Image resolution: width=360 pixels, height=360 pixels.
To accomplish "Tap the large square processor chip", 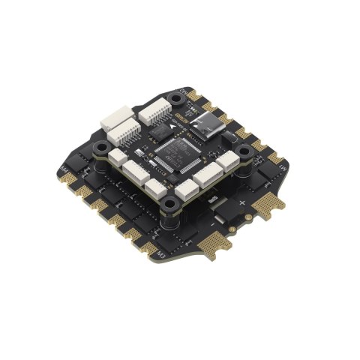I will (172, 153).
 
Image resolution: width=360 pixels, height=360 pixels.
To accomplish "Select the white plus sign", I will (242, 203).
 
